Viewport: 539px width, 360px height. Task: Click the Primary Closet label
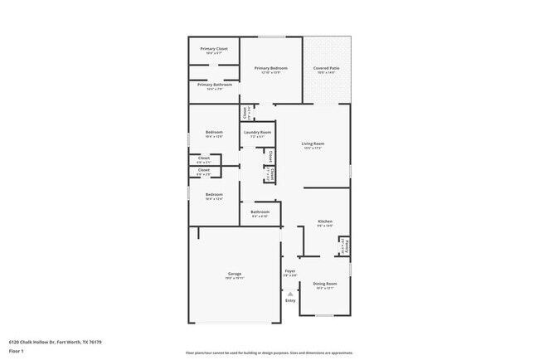click(214, 49)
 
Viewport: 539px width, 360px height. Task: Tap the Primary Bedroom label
click(271, 68)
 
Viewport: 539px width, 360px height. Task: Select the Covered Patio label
click(326, 68)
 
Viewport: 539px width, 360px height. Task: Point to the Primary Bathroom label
click(214, 84)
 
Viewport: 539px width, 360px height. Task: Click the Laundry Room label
click(257, 133)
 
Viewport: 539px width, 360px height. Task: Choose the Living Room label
click(313, 144)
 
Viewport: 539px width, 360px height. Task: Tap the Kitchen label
click(325, 221)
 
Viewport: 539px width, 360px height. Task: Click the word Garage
click(235, 274)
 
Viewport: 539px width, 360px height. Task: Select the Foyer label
click(290, 270)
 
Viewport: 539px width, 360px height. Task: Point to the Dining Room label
click(324, 284)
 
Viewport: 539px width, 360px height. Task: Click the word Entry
click(290, 300)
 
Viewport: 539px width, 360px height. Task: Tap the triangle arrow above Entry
click(290, 293)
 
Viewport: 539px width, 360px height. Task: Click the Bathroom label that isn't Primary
click(260, 212)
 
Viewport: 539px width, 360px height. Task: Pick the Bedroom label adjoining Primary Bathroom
click(215, 132)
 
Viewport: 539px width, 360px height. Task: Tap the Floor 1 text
click(16, 351)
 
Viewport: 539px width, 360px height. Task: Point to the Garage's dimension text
click(235, 279)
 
